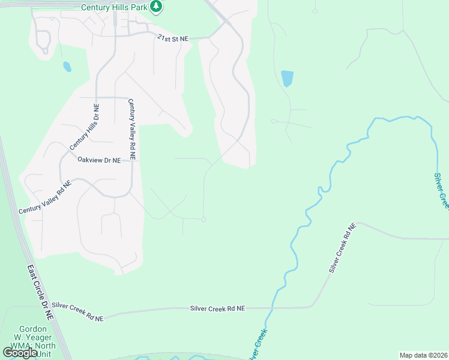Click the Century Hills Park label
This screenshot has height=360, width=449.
tap(115, 7)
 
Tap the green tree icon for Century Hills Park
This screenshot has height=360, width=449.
tap(157, 7)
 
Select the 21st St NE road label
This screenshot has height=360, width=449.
tap(172, 38)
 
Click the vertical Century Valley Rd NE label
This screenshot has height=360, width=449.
tap(131, 129)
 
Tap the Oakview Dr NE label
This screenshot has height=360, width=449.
tap(99, 160)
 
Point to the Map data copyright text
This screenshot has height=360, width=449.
tap(424, 355)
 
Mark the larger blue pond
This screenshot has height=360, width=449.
tap(287, 78)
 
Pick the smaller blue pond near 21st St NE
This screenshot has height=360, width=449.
tap(67, 67)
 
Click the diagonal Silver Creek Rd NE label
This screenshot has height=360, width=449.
tap(342, 248)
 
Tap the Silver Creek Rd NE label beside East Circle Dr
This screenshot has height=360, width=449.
tap(77, 311)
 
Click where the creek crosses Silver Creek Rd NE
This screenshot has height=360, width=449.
tap(274, 308)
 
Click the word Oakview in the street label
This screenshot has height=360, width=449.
tap(91, 160)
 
